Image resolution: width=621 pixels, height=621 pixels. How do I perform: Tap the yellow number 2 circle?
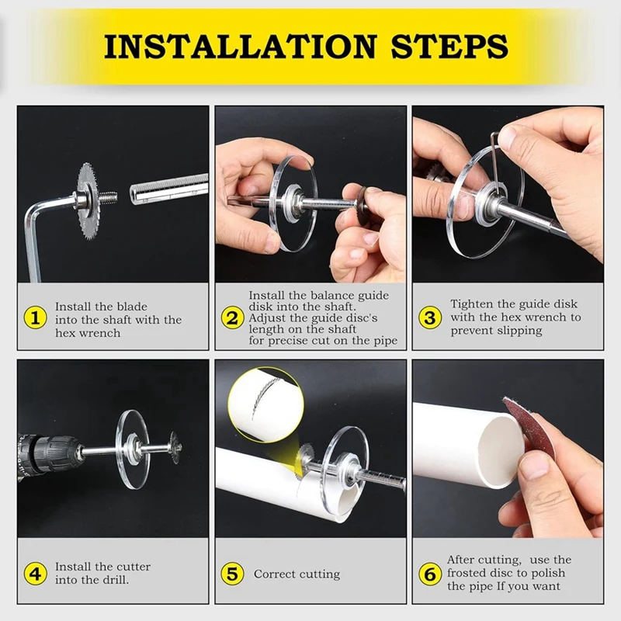pos(231,317)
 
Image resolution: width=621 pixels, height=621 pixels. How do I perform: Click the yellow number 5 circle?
pos(231,574)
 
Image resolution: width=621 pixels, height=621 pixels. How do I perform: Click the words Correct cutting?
pos(297,574)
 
